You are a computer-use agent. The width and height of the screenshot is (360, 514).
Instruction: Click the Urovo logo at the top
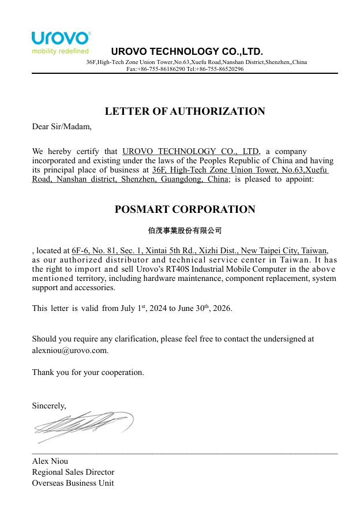61,38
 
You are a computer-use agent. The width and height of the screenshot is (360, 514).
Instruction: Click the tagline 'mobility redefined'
60,51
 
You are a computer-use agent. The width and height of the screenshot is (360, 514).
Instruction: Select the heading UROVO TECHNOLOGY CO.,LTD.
187,51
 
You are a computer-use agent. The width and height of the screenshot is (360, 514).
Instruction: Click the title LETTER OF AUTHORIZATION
185,111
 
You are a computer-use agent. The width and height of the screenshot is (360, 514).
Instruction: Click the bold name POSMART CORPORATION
185,209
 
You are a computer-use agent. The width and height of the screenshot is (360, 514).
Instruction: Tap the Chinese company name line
185,231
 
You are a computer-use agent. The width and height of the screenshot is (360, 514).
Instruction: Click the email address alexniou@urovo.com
70,350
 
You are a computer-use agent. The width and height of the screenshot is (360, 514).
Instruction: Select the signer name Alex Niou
50,461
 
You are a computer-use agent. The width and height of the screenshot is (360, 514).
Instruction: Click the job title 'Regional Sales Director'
73,472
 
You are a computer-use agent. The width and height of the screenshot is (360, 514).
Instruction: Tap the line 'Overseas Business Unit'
73,483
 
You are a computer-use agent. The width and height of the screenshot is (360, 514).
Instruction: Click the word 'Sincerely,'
49,406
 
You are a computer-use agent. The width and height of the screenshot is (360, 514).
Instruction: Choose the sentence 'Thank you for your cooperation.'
88,372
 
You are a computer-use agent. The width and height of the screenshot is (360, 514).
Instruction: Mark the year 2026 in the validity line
222,309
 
